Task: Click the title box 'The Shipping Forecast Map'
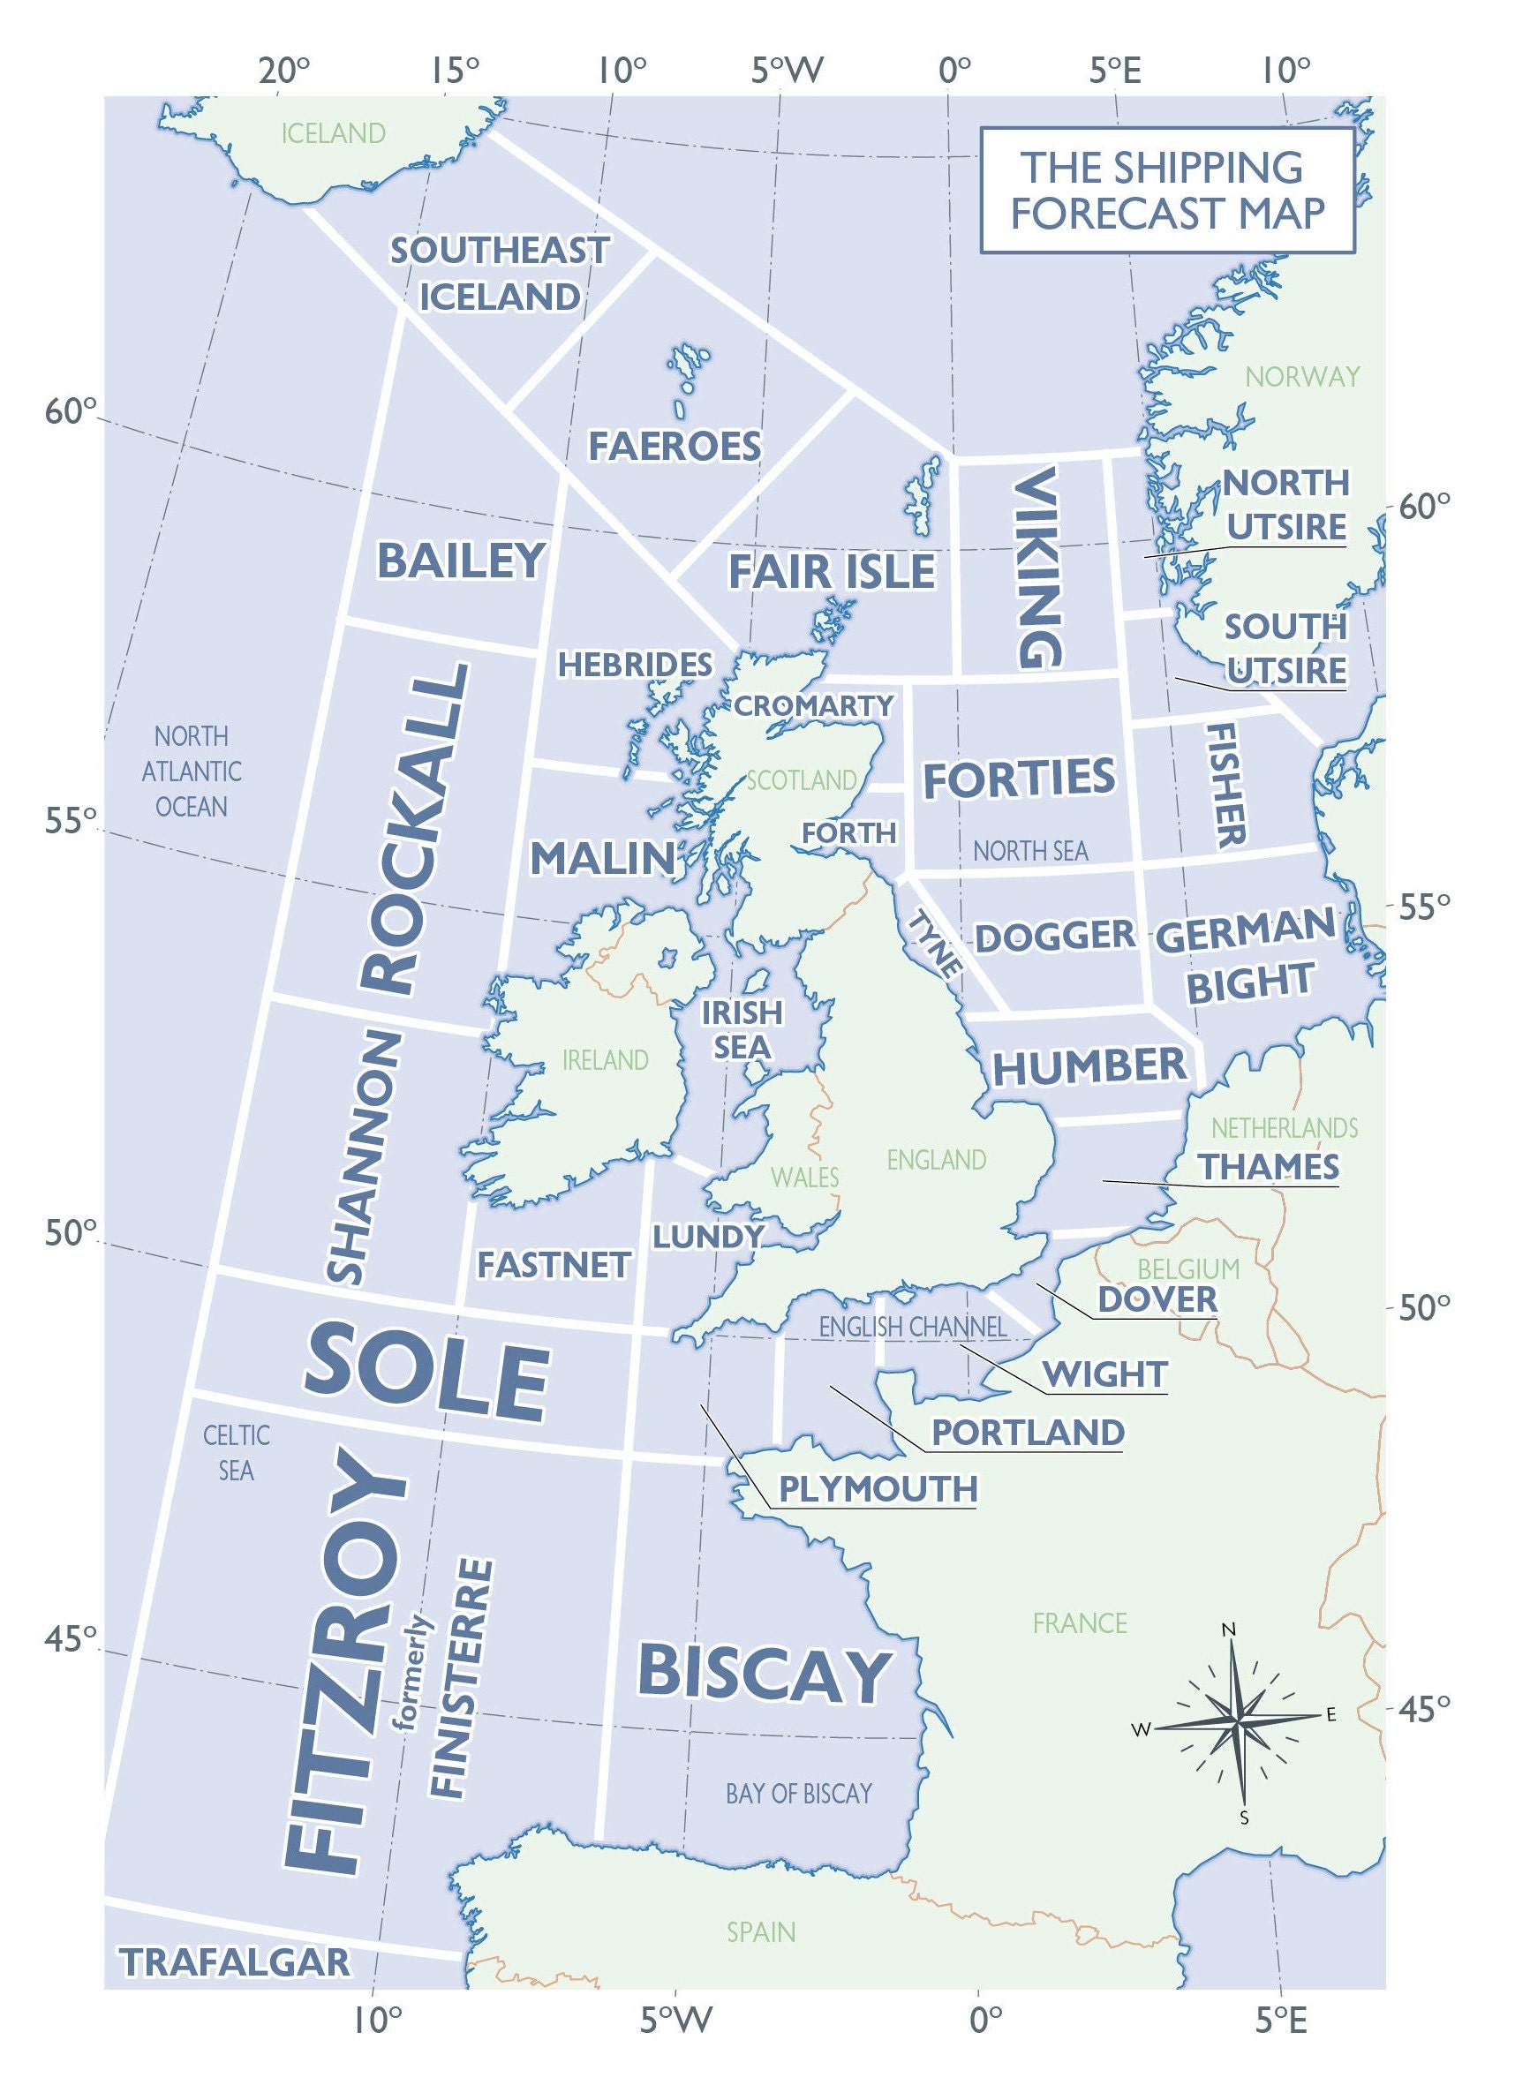[x=1166, y=191]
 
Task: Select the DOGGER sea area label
[x=1054, y=936]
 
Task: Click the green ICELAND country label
[x=333, y=134]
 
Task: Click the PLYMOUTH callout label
[x=878, y=1488]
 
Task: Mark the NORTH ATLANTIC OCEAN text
[x=192, y=772]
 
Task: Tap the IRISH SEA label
[x=742, y=1029]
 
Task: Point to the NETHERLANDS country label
[x=1284, y=1128]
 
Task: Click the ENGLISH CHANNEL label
[x=912, y=1327]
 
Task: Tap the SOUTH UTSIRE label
[x=1285, y=648]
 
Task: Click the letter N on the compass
[x=1228, y=1630]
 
